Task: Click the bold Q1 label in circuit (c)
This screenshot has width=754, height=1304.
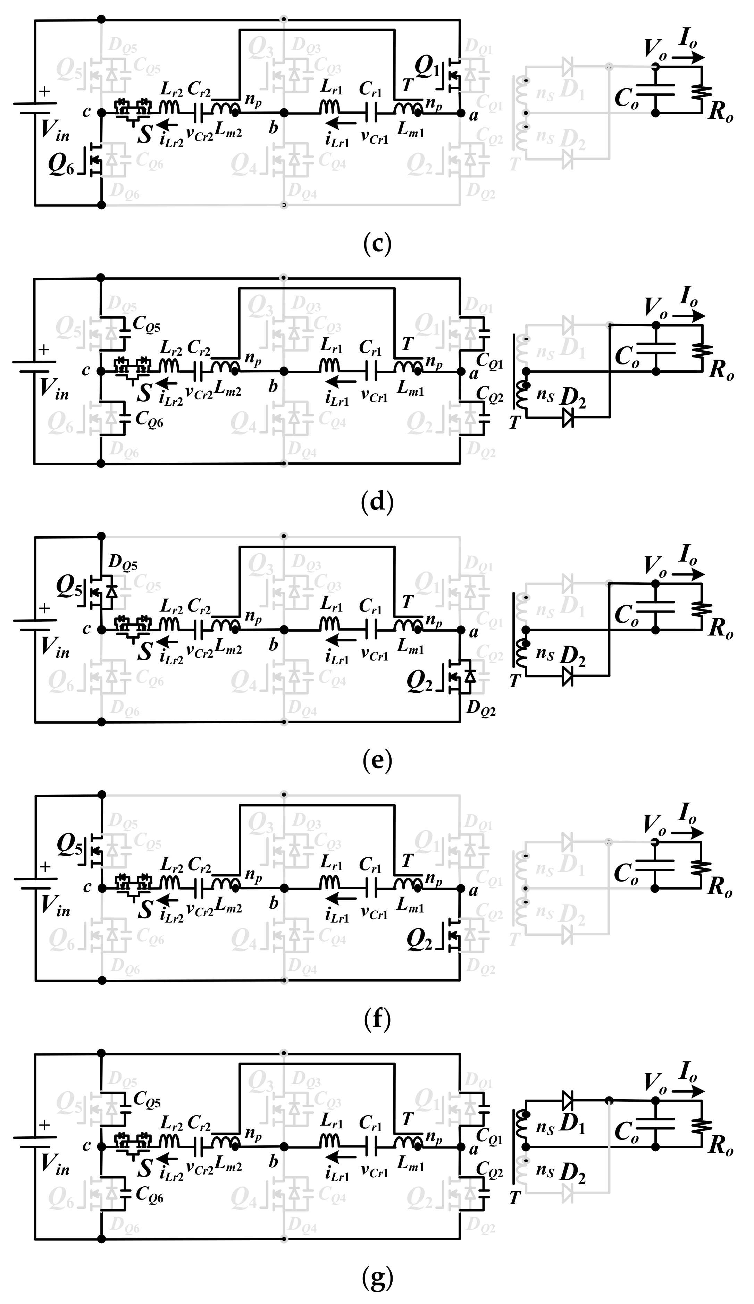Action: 427,66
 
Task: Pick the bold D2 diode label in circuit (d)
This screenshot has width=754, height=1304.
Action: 573,397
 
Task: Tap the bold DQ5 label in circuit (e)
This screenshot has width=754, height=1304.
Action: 123,563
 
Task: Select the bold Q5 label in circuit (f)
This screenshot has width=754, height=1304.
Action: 69,844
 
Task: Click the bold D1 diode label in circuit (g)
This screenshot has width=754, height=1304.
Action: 573,1124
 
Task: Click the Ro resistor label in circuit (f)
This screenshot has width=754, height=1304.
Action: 720,887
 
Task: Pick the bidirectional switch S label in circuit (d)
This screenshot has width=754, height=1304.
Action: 144,393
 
